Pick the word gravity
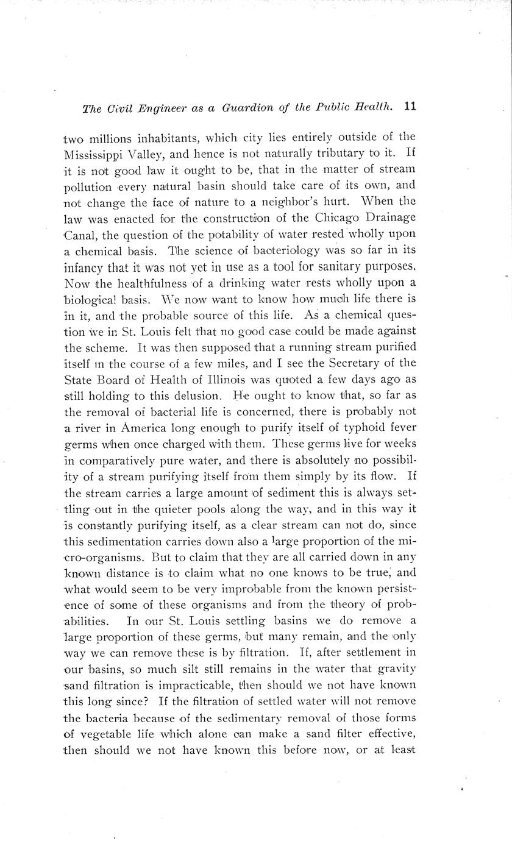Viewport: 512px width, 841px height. point(397,669)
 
